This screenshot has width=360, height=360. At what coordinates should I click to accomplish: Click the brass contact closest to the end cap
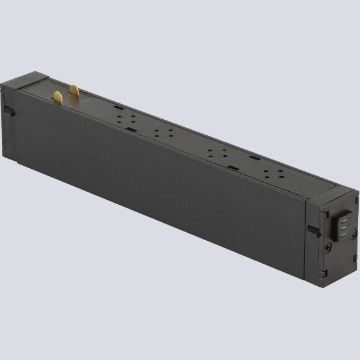(58, 97)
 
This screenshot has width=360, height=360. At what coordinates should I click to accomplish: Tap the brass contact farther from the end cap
(74, 91)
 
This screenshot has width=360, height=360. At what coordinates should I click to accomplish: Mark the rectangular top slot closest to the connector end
(253, 159)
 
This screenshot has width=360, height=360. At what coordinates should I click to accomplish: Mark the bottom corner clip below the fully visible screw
(322, 272)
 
